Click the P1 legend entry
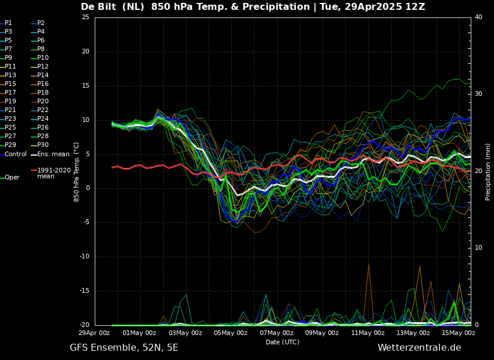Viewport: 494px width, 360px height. click(8, 23)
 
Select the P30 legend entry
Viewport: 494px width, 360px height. click(42, 145)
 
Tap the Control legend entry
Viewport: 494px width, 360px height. click(16, 154)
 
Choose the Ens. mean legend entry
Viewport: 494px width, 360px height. click(53, 154)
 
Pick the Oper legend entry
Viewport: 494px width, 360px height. click(12, 178)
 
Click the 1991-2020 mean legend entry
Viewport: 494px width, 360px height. click(53, 173)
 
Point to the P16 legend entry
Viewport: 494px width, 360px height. click(42, 84)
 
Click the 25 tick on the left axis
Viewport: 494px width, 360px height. click(85, 17)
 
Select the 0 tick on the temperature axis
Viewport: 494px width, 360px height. click(87, 188)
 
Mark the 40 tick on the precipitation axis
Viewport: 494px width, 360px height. click(478, 17)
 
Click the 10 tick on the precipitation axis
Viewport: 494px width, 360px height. click(478, 248)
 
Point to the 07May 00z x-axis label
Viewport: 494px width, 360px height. click(277, 333)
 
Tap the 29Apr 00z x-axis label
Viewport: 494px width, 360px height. click(94, 333)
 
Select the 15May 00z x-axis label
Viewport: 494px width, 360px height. click(459, 333)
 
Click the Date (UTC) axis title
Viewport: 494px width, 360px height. click(282, 342)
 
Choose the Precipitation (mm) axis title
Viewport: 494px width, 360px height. click(488, 172)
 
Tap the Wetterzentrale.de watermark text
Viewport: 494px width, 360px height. click(419, 348)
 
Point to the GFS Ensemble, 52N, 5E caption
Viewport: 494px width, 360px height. click(124, 348)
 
